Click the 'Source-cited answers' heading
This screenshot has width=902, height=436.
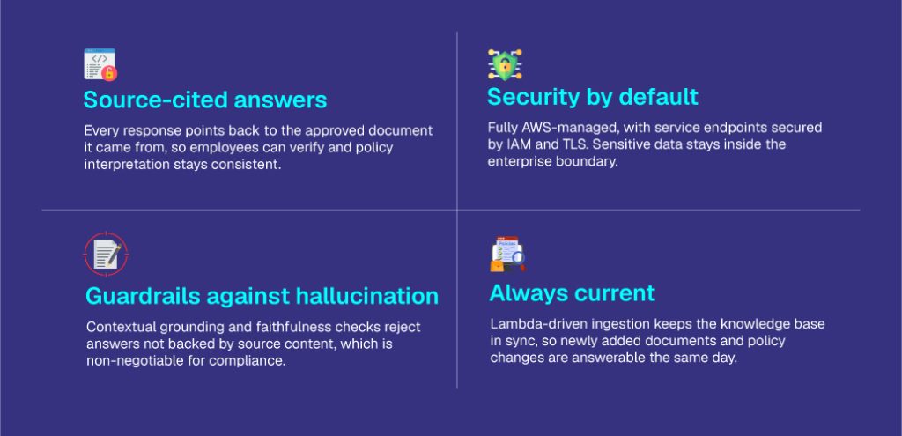(205, 100)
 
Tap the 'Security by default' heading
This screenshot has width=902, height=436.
(593, 97)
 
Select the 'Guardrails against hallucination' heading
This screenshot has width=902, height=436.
(262, 296)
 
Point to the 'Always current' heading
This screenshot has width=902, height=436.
(573, 293)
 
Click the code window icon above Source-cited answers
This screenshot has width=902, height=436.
(100, 63)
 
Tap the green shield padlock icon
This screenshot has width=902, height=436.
(505, 64)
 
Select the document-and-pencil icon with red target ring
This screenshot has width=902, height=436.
(107, 254)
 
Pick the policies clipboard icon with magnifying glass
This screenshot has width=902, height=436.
(508, 254)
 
